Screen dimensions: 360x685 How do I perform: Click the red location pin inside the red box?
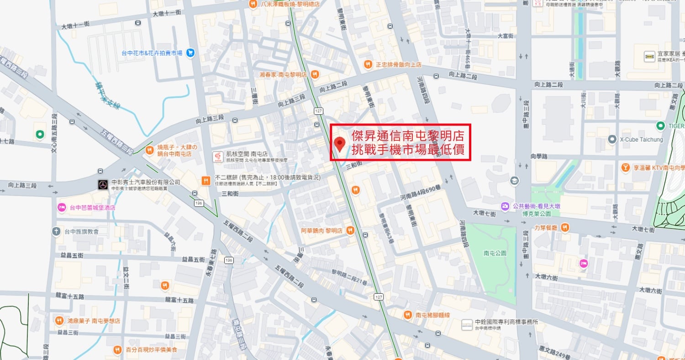(x=339, y=143)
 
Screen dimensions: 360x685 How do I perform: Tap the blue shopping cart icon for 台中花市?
(x=191, y=53)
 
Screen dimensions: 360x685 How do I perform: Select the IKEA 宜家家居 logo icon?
(x=649, y=56)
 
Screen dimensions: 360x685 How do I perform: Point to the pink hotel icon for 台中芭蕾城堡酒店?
(x=62, y=207)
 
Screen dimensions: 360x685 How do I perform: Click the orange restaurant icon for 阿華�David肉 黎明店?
(x=350, y=230)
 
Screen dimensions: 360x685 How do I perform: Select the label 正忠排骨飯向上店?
(x=398, y=64)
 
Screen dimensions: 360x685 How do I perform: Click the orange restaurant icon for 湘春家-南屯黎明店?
(x=314, y=74)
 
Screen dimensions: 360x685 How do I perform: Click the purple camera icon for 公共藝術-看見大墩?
(x=505, y=206)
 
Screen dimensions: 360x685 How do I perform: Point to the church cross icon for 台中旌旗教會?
(x=56, y=231)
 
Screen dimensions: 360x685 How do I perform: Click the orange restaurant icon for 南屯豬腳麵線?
(x=407, y=315)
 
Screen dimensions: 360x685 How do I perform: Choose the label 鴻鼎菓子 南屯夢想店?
(x=93, y=321)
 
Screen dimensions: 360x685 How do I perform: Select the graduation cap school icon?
(x=515, y=180)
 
